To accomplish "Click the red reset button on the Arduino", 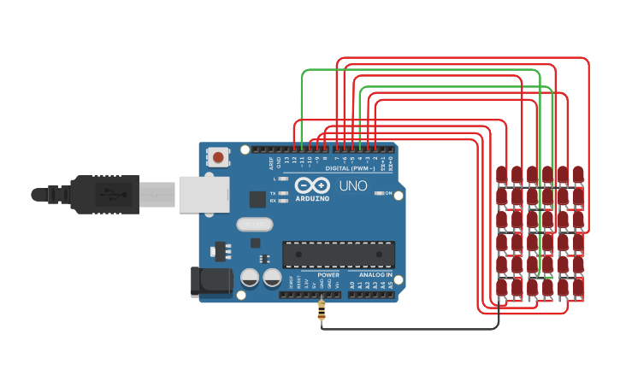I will tap(219, 157).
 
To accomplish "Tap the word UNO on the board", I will tap(353, 185).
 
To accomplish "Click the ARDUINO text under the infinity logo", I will tap(312, 198).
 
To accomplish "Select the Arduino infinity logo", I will tap(312, 185).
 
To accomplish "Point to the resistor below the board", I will tap(322, 311).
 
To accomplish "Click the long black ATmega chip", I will tap(339, 255).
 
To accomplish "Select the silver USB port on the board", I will tap(204, 194).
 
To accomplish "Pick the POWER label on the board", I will tap(328, 275).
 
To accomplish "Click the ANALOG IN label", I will tap(375, 275).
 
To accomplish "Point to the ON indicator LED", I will tap(379, 194).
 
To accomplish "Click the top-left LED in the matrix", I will tap(501, 175).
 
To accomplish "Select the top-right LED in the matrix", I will tap(578, 175).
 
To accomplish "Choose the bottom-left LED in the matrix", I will tap(501, 287).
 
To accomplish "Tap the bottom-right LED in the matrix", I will tap(578, 287).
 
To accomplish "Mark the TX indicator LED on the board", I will tap(283, 193).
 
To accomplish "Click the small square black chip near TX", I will tap(257, 199).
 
